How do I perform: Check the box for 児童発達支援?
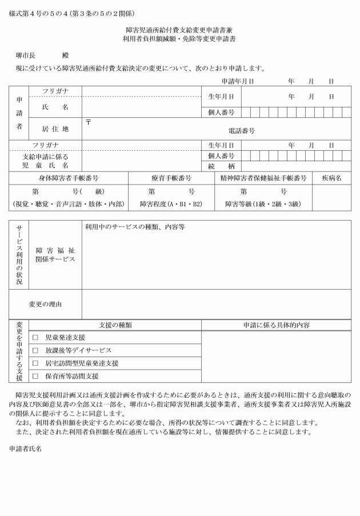[x=35, y=337]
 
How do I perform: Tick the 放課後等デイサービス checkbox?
[x=35, y=350]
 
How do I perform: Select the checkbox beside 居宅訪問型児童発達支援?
[x=35, y=363]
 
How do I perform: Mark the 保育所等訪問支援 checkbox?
[x=35, y=376]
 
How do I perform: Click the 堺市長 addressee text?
[x=25, y=55]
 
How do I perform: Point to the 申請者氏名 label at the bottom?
[x=25, y=449]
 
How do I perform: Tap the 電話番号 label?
[x=241, y=131]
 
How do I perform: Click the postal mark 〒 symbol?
[x=89, y=121]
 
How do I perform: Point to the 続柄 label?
[x=222, y=166]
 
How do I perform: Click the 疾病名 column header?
[x=331, y=178]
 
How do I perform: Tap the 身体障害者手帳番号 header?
[x=69, y=178]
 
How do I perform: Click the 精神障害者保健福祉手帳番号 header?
[x=263, y=178]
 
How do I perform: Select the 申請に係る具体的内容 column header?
[x=276, y=325]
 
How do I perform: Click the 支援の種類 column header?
[x=115, y=325]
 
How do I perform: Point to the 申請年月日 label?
[x=238, y=81]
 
